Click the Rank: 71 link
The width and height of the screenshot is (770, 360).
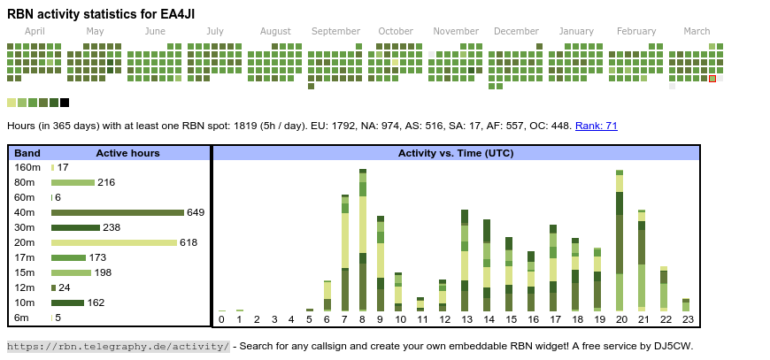tap(596, 126)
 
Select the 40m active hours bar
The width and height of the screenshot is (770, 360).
tap(117, 212)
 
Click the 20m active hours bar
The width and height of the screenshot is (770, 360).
tap(114, 242)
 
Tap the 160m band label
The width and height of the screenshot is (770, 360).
tap(27, 167)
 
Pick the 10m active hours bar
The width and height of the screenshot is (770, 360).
tap(67, 303)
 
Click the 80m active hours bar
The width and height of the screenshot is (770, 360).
tap(73, 182)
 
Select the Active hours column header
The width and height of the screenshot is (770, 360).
tap(127, 153)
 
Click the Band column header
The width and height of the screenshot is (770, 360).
tap(27, 153)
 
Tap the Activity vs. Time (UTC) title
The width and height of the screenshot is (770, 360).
tap(456, 153)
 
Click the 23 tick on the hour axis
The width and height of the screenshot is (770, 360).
tap(687, 319)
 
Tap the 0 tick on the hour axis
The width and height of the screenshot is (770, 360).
tap(221, 319)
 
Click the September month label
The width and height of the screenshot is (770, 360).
tap(335, 31)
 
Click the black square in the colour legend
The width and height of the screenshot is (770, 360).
tap(65, 103)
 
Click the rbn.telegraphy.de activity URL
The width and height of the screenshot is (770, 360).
tap(119, 346)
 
